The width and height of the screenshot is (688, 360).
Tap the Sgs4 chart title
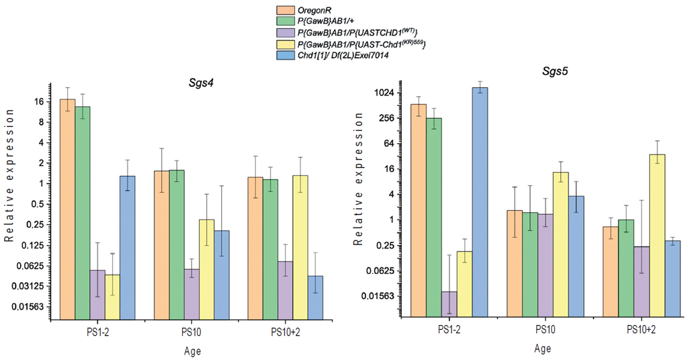pos(201,83)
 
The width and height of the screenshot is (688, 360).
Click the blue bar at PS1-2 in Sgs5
pos(480,201)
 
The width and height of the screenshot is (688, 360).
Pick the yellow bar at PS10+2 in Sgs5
pos(656,235)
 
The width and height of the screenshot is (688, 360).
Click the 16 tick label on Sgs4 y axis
pos(39,101)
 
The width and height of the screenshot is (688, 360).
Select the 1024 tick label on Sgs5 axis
pos(389,93)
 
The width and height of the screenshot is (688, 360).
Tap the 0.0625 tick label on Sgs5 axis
pos(386,271)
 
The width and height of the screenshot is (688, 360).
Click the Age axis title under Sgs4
pos(192,351)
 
